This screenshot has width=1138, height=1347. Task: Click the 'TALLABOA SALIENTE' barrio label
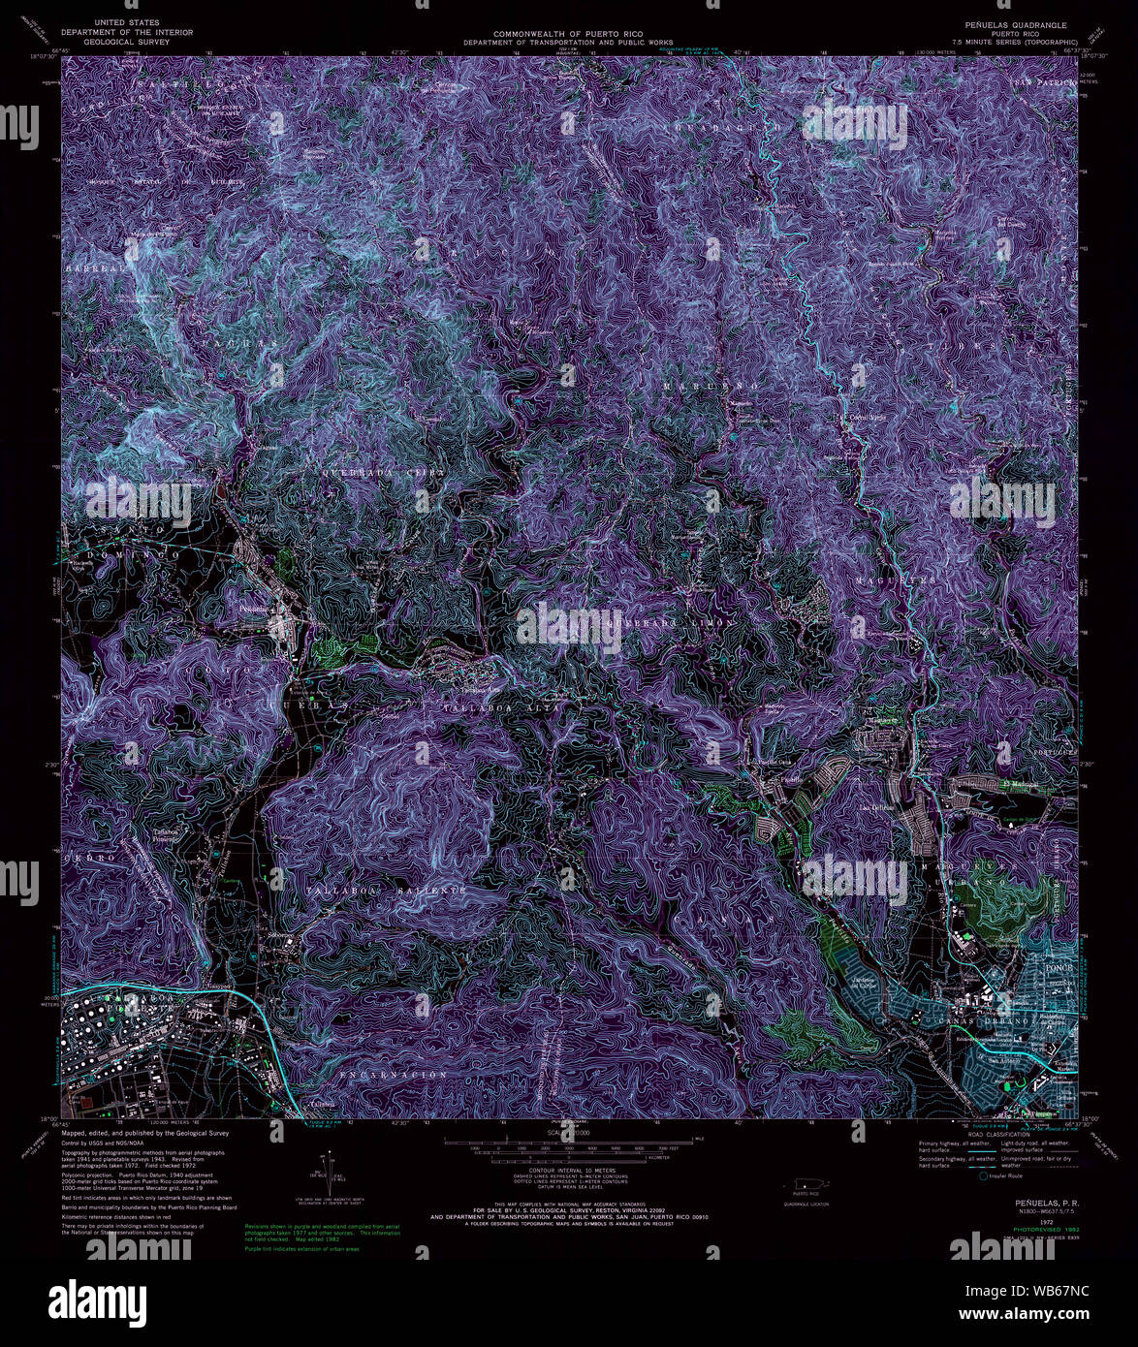[373, 888]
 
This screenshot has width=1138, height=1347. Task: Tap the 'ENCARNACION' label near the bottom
[395, 1075]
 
